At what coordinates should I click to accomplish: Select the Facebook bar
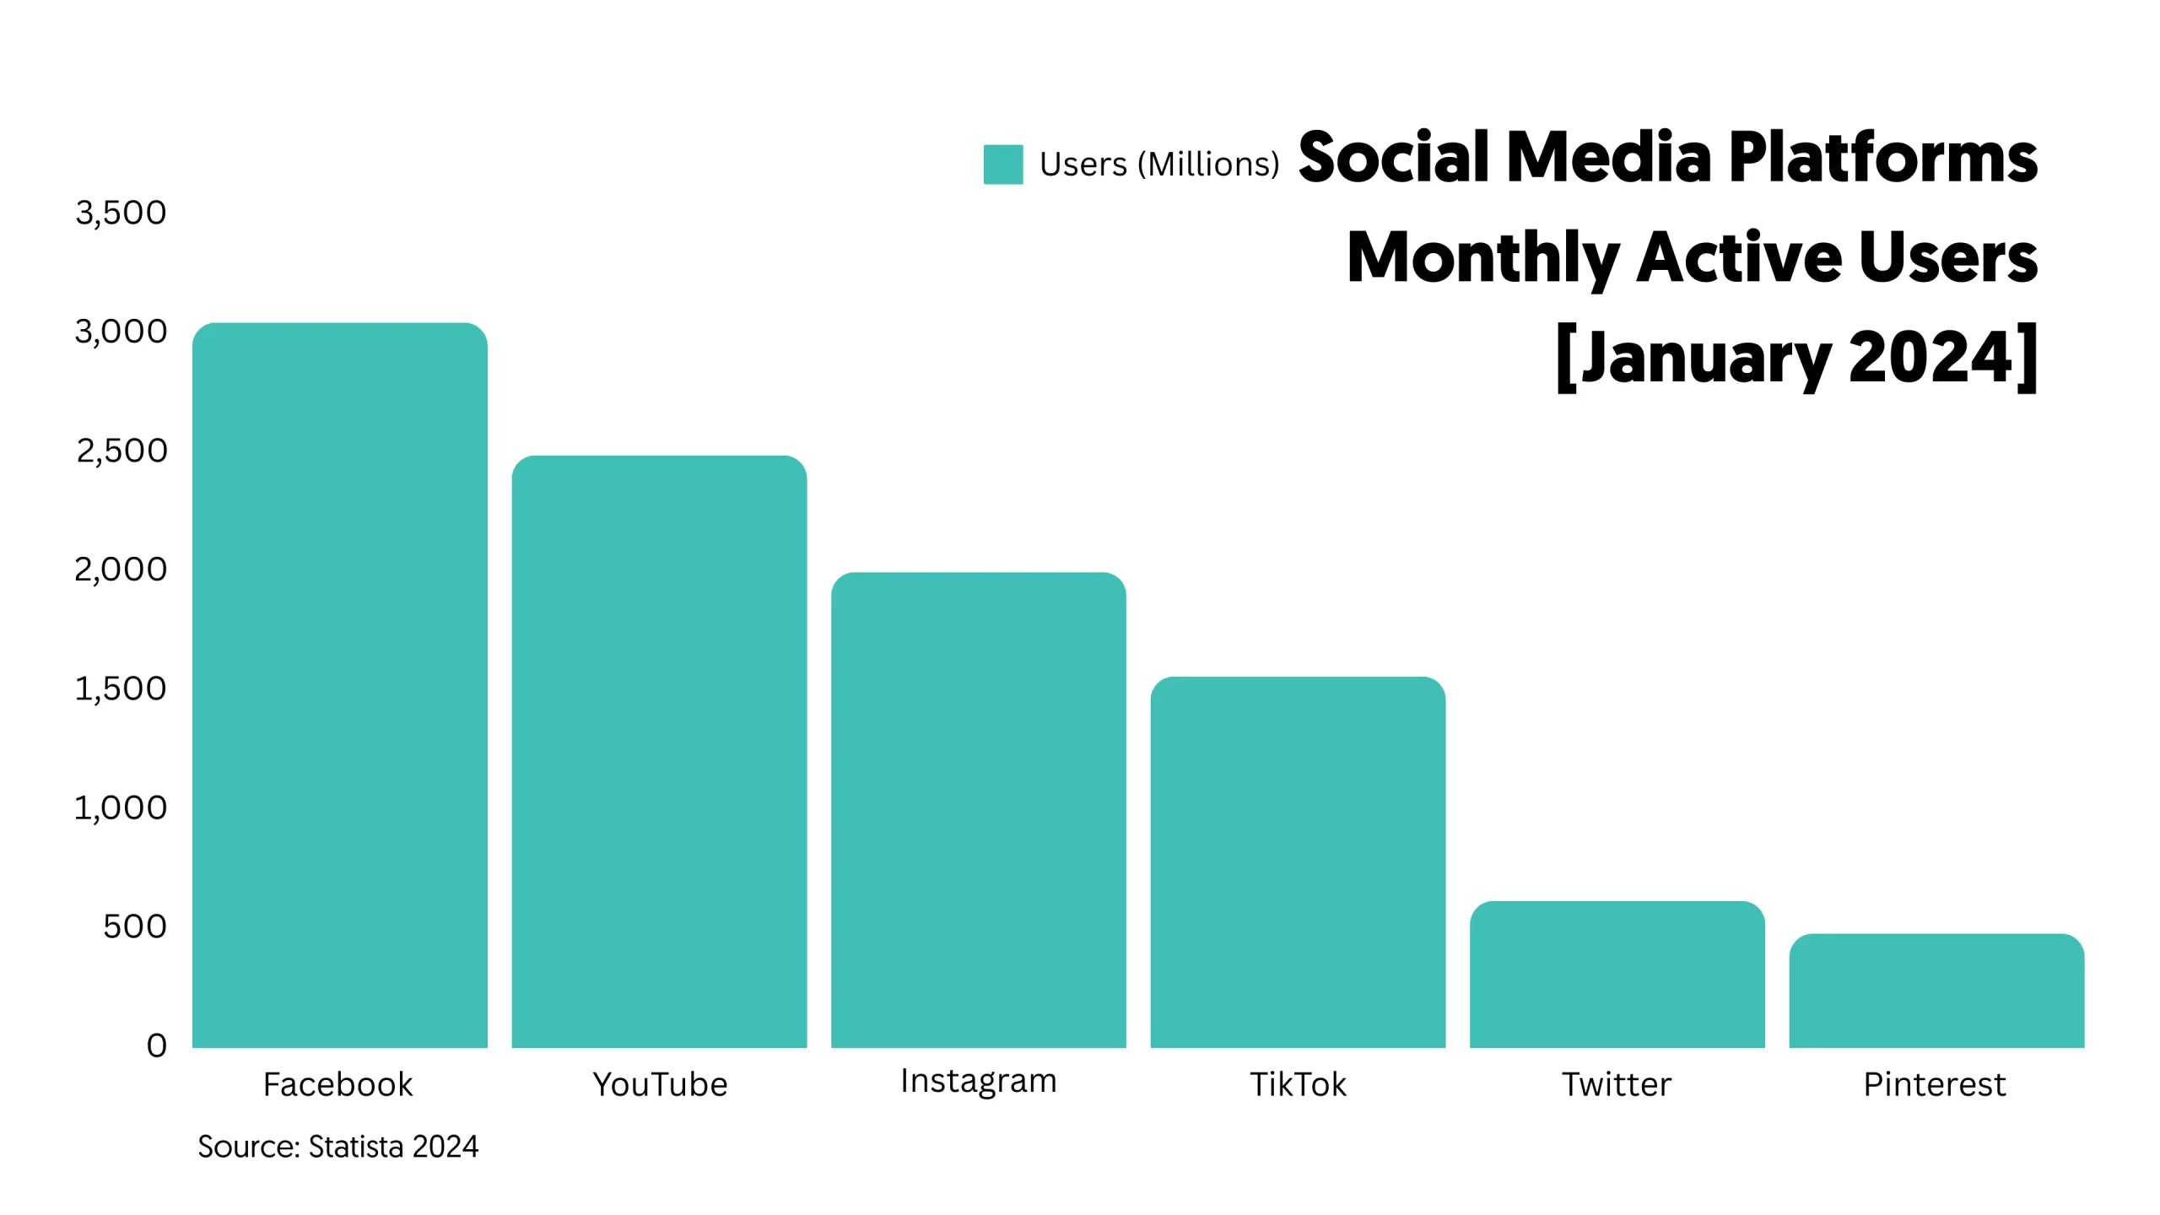[x=339, y=685]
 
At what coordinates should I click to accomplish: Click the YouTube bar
[x=659, y=751]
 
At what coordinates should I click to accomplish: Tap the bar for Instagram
[x=978, y=810]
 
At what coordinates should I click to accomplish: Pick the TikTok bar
[x=1298, y=861]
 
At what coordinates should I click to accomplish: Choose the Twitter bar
[x=1617, y=975]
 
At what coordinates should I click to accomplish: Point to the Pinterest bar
[x=1936, y=991]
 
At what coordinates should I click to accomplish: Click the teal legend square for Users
[x=1003, y=165]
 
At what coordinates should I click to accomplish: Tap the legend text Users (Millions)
[x=1159, y=165]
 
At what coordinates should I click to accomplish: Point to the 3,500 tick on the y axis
[x=121, y=213]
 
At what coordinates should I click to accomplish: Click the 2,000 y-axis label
[x=121, y=570]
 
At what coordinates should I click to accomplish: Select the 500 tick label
[x=135, y=926]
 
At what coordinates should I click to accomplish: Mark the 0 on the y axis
[x=157, y=1045]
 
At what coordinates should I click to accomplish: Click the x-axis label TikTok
[x=1298, y=1084]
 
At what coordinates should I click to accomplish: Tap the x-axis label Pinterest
[x=1934, y=1084]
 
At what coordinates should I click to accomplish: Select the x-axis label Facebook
[x=337, y=1084]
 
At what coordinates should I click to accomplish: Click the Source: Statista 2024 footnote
[x=337, y=1147]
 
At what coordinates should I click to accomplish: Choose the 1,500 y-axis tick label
[x=121, y=688]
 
